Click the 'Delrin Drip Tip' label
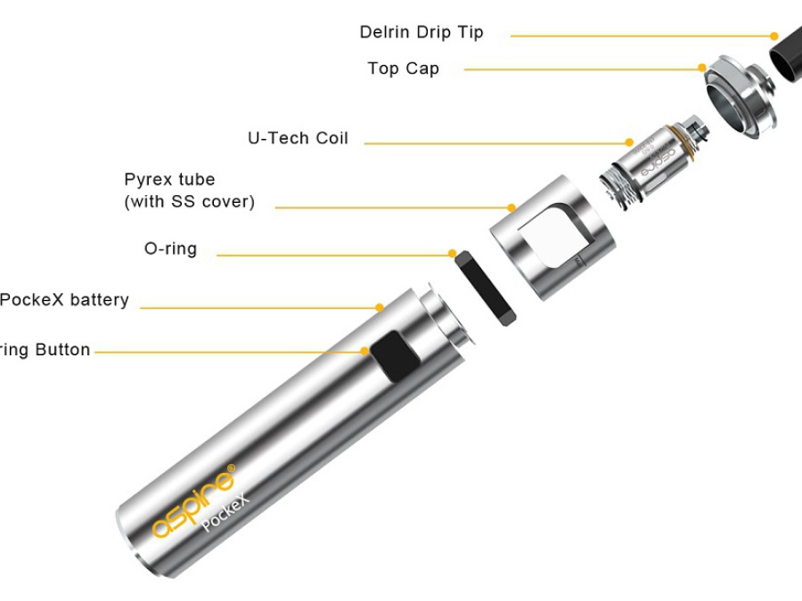(421, 33)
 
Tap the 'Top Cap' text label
(403, 69)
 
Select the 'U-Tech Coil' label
(298, 139)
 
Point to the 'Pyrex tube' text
(169, 180)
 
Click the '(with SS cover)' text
(189, 202)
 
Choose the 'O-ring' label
(170, 249)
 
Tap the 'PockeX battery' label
(64, 300)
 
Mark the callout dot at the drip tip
(774, 37)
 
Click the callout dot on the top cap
(702, 68)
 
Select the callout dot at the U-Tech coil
(629, 142)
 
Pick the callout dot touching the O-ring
(453, 254)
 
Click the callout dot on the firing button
(365, 351)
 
